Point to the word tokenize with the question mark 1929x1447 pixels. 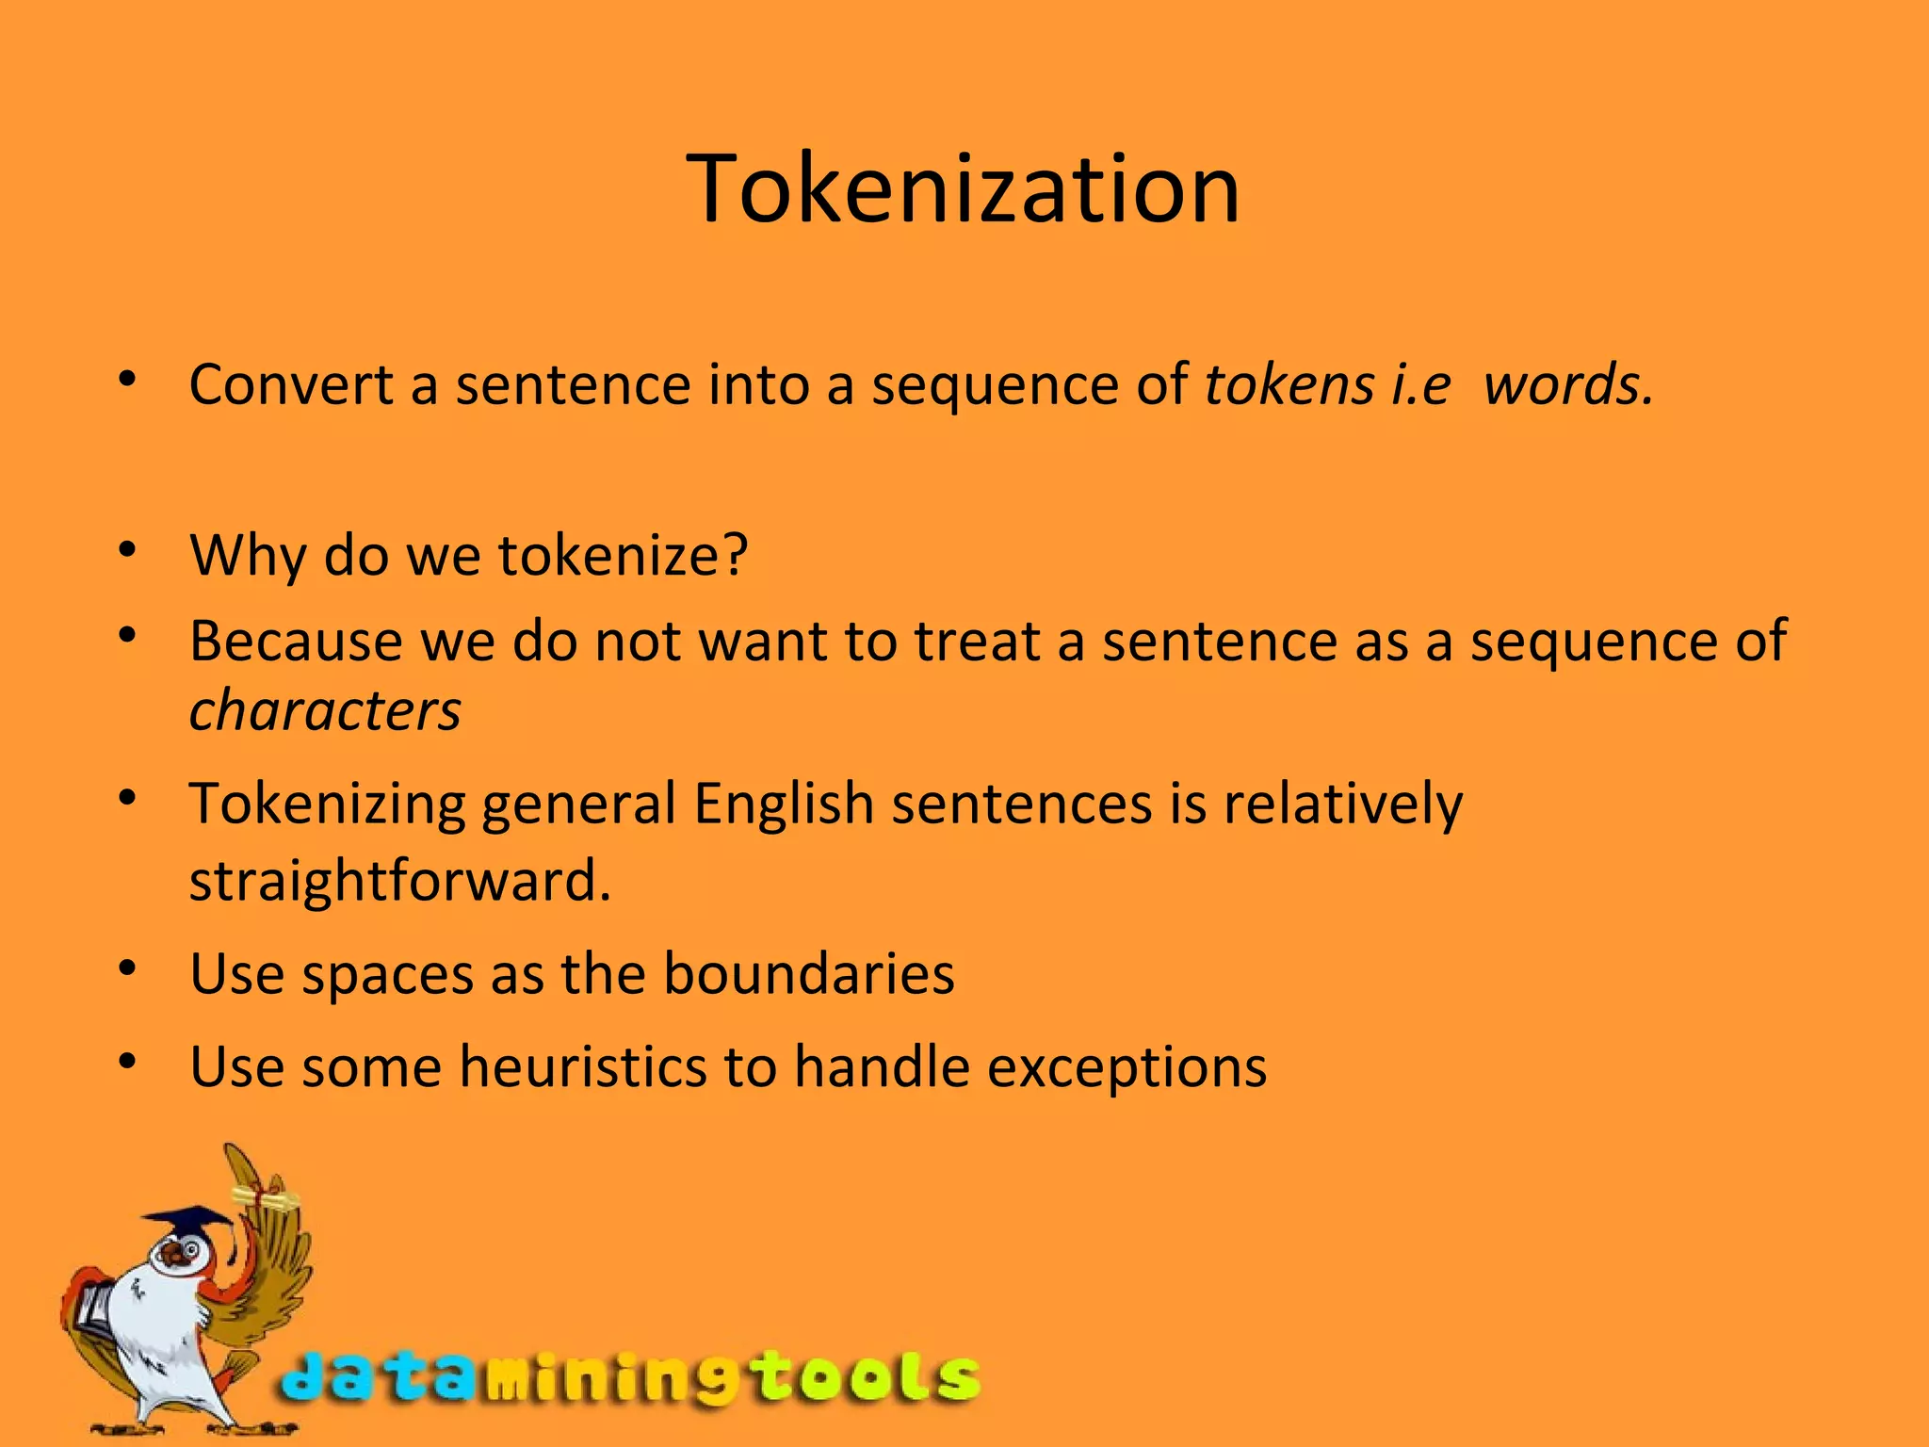pyautogui.click(x=623, y=555)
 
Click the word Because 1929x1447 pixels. pyautogui.click(x=296, y=642)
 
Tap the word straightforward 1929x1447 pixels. pyautogui.click(x=399, y=881)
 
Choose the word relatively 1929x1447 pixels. pyautogui.click(x=1343, y=805)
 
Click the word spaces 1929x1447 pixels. pyautogui.click(x=387, y=975)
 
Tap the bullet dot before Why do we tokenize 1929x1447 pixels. pyautogui.click(x=128, y=548)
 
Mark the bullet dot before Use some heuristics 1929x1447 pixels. pyautogui.click(x=128, y=1062)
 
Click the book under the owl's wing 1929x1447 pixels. pyautogui.click(x=94, y=1306)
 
